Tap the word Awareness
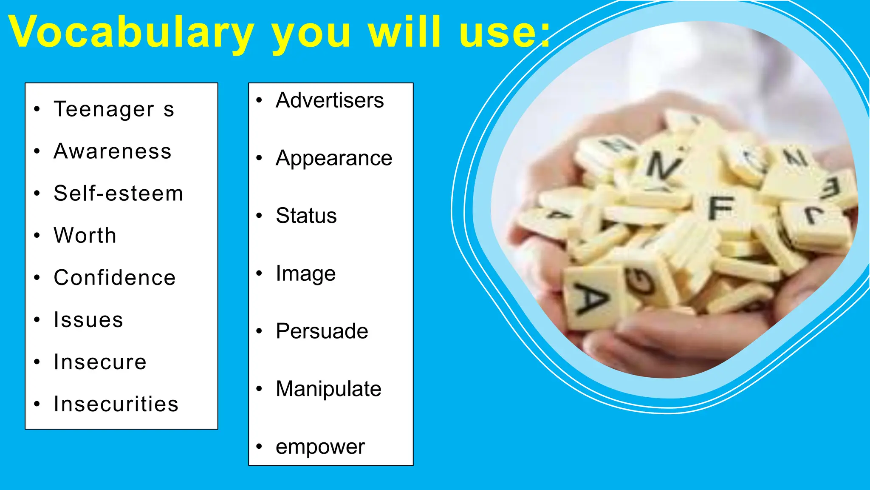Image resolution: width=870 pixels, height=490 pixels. coord(113,151)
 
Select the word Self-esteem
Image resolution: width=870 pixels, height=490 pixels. coord(119,194)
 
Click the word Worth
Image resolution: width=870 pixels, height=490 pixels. coord(85,236)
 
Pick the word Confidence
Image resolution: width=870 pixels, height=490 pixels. coord(115,278)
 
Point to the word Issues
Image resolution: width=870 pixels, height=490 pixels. coord(88,320)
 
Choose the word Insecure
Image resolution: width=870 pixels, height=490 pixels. coord(100,362)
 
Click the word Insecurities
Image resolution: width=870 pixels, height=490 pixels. coord(116,404)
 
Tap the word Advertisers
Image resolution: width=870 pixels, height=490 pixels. coord(330,101)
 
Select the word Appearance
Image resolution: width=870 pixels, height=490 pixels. coord(334,159)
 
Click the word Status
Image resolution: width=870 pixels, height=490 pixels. coord(306,216)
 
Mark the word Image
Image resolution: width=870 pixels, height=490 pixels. coord(305,273)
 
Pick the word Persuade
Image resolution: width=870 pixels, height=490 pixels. coord(322,331)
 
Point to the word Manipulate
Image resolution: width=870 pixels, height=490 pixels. coord(328,389)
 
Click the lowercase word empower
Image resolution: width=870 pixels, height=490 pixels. coord(320,447)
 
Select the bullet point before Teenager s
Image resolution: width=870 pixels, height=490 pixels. coord(37,109)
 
